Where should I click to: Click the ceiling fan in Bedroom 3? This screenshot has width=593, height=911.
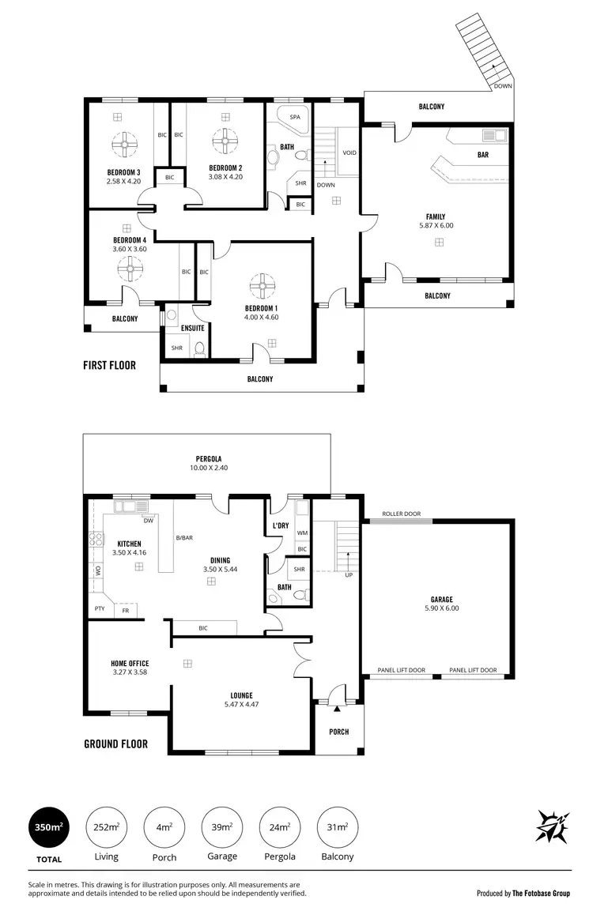(x=126, y=144)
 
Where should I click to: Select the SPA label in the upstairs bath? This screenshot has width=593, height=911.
(x=295, y=117)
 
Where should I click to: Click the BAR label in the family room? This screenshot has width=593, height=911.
(x=482, y=155)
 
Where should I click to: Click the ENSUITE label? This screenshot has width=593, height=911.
(x=192, y=328)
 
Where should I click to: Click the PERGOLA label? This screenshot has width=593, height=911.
(x=209, y=458)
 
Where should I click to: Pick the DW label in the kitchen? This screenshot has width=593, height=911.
(x=148, y=521)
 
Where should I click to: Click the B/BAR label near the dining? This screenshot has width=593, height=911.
(x=184, y=538)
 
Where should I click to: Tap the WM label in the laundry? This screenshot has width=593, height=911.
(x=301, y=533)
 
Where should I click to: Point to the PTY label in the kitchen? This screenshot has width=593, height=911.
(x=99, y=608)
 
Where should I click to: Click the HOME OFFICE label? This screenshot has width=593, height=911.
(x=130, y=664)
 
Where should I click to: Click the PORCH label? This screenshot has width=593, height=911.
(x=338, y=732)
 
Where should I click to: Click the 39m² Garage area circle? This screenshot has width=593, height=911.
(x=222, y=827)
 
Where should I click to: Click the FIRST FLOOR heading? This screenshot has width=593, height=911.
(x=109, y=365)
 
